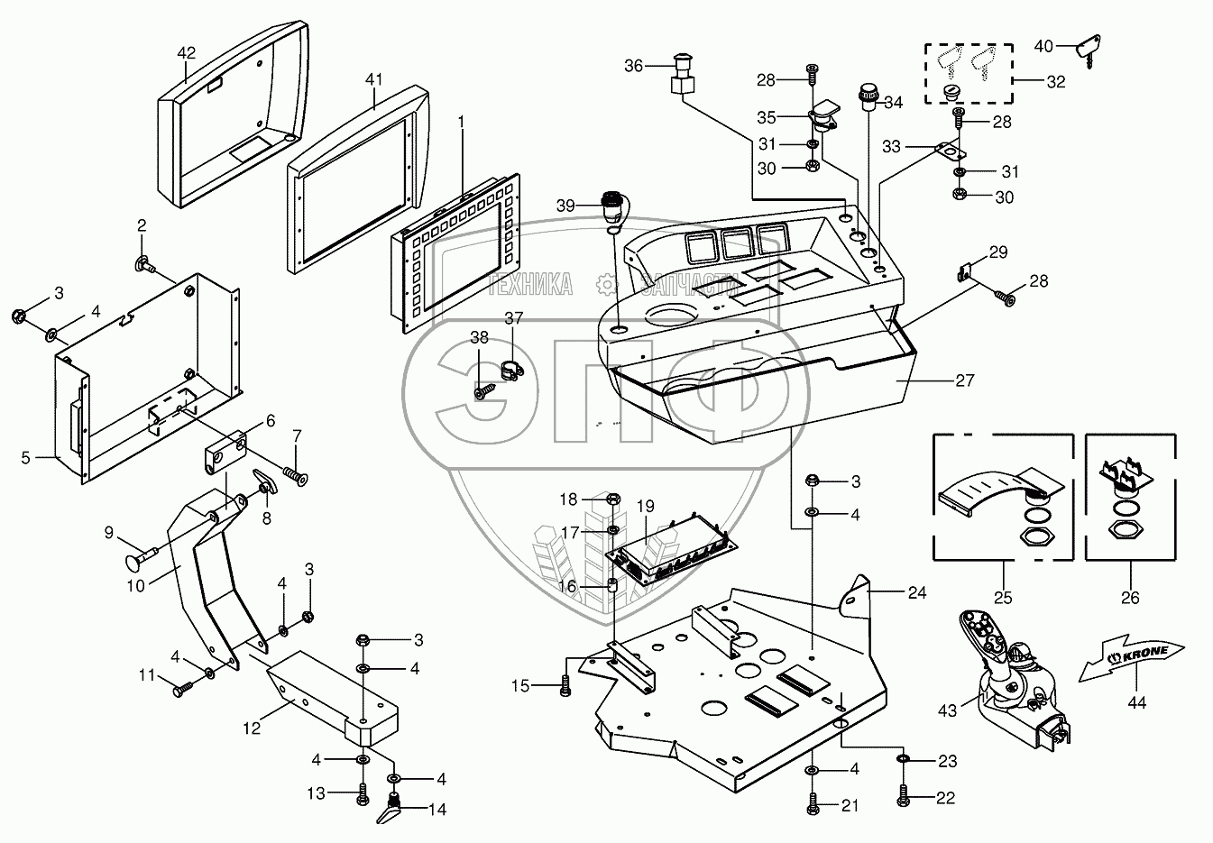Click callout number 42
click(x=187, y=53)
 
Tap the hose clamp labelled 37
click(x=511, y=371)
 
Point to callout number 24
click(x=917, y=593)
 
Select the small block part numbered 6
click(x=225, y=451)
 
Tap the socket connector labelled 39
click(x=613, y=206)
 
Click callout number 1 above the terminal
click(x=461, y=123)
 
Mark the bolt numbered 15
click(x=565, y=685)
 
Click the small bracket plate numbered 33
click(x=948, y=151)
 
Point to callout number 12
click(x=252, y=728)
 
